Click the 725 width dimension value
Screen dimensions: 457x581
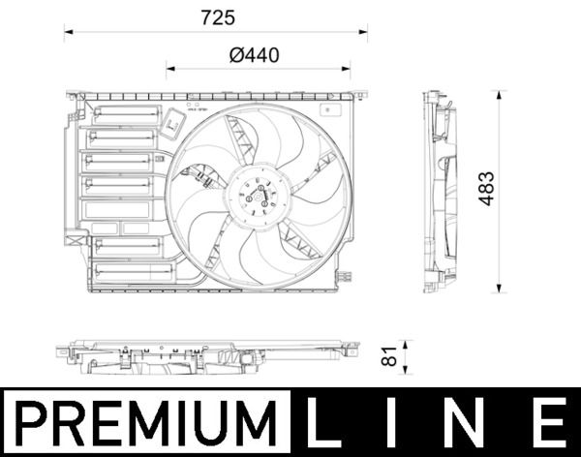click(217, 17)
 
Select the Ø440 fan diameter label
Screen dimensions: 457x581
click(255, 56)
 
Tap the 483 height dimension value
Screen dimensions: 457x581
click(486, 189)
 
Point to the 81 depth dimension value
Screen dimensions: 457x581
click(390, 356)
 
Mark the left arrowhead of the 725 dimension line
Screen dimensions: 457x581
click(69, 32)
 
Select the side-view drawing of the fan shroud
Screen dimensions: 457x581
click(441, 192)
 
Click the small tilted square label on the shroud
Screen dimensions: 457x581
click(174, 123)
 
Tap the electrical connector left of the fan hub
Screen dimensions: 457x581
click(203, 176)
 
